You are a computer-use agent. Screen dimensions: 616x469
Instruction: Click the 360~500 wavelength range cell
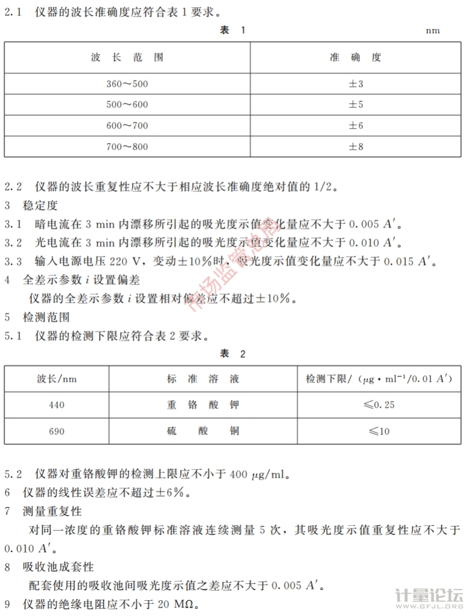127,84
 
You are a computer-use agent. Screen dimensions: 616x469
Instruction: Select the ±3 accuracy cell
356,84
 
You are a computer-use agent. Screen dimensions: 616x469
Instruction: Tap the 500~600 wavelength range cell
127,104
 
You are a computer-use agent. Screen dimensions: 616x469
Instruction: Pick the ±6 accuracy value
356,126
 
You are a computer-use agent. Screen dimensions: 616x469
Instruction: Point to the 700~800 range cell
127,147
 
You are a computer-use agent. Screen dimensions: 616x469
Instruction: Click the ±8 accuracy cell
356,147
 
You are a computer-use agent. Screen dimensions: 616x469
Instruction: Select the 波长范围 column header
127,57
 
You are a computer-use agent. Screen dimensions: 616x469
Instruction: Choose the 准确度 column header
356,57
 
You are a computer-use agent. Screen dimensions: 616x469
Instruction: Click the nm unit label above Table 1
433,31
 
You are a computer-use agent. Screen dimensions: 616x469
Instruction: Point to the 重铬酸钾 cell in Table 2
203,405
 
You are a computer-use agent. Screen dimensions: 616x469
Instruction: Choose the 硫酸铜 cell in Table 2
203,431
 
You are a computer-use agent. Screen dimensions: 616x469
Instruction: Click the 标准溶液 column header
203,379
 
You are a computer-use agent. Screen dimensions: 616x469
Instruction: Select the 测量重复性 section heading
52,512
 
